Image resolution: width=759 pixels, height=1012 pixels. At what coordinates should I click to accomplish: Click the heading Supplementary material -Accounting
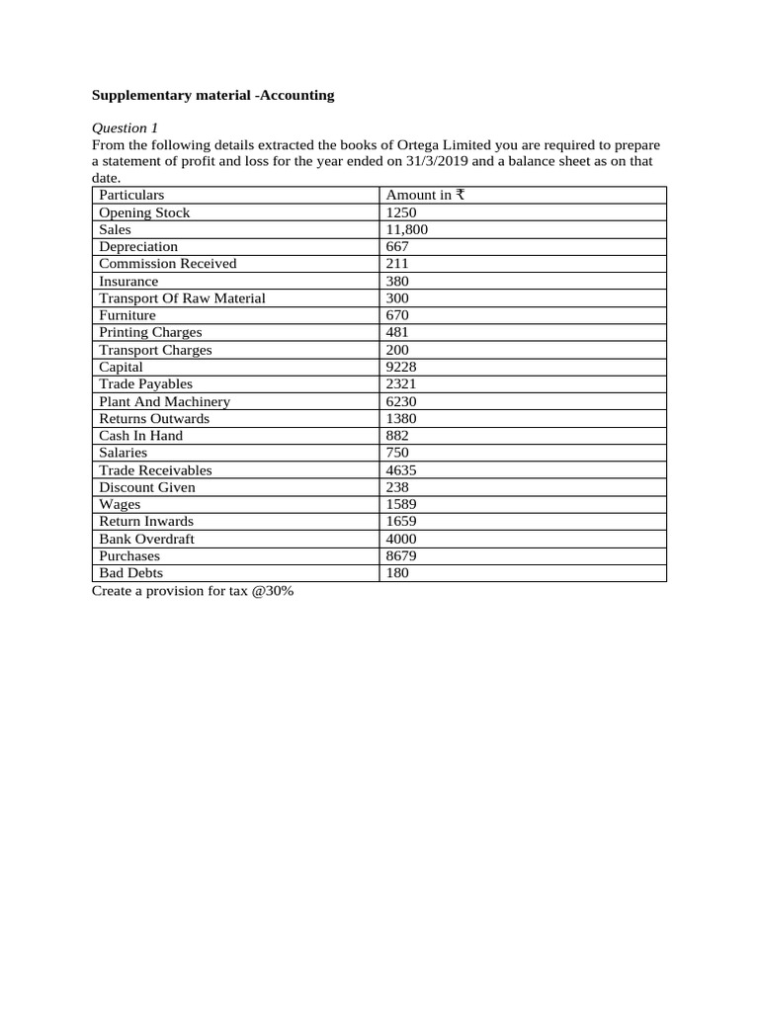[212, 96]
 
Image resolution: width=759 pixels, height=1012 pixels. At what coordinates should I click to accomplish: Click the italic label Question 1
[125, 128]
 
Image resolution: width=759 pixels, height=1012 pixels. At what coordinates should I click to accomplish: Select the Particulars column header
[131, 196]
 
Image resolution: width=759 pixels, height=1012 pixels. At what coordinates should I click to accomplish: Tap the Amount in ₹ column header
[425, 196]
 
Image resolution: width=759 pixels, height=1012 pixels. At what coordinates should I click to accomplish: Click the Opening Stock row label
[144, 212]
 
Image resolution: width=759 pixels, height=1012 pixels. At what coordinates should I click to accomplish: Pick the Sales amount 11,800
[407, 229]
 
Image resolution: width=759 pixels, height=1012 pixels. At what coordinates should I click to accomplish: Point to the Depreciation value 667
[397, 247]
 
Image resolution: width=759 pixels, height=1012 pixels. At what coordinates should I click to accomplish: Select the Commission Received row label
[168, 264]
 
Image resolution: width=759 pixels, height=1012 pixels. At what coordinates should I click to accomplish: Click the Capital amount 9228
[402, 367]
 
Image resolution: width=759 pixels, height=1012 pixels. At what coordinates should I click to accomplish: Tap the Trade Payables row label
[146, 384]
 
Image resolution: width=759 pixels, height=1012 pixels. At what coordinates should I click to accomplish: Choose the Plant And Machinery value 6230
[402, 402]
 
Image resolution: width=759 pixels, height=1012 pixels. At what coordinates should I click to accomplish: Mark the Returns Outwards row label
[154, 419]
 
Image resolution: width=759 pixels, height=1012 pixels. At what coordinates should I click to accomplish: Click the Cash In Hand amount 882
[397, 436]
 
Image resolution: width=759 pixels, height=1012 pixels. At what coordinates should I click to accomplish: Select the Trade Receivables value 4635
[402, 470]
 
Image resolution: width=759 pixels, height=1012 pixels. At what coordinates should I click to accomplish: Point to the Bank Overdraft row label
[147, 539]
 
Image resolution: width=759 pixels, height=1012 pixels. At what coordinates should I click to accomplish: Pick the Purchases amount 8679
[402, 556]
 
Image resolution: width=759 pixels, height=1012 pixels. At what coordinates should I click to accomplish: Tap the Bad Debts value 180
[397, 573]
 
